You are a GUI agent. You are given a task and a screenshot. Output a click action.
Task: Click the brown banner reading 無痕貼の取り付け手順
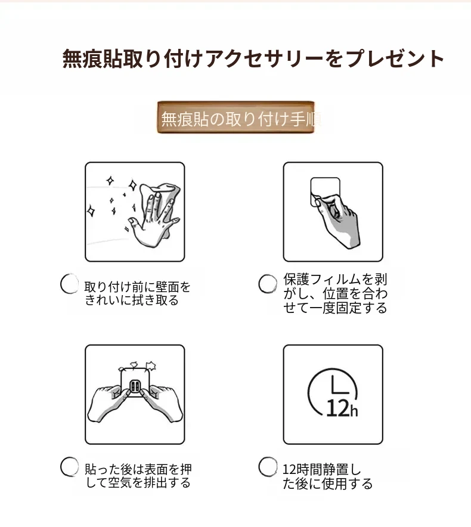(235, 117)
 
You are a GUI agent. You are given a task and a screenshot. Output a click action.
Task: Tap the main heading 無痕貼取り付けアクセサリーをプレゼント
(253, 59)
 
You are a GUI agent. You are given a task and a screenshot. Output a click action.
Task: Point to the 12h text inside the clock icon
(342, 409)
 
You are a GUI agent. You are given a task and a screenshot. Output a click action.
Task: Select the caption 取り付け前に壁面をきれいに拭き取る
(137, 293)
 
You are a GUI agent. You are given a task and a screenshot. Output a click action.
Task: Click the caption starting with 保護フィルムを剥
(335, 293)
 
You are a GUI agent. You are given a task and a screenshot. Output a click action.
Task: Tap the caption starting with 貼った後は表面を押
(138, 476)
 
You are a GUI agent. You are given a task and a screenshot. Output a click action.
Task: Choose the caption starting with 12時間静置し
(327, 476)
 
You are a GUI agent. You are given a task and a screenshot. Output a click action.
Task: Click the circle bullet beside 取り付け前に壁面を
(69, 284)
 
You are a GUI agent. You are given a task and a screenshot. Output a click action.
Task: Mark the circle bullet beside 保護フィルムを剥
(268, 284)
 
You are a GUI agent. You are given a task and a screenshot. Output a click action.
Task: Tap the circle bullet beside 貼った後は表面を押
(69, 467)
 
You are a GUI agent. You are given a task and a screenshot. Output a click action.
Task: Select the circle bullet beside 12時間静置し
(268, 467)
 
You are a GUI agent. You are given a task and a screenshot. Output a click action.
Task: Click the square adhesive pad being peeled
(325, 191)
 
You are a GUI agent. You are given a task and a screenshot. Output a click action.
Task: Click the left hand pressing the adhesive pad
(109, 402)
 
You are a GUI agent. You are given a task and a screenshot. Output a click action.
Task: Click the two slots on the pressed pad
(135, 386)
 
